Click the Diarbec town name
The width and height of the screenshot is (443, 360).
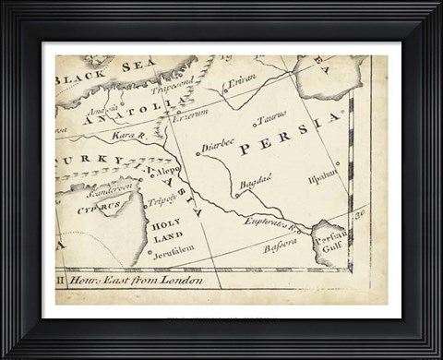tap(218, 147)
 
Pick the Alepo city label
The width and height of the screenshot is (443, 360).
tap(169, 173)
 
